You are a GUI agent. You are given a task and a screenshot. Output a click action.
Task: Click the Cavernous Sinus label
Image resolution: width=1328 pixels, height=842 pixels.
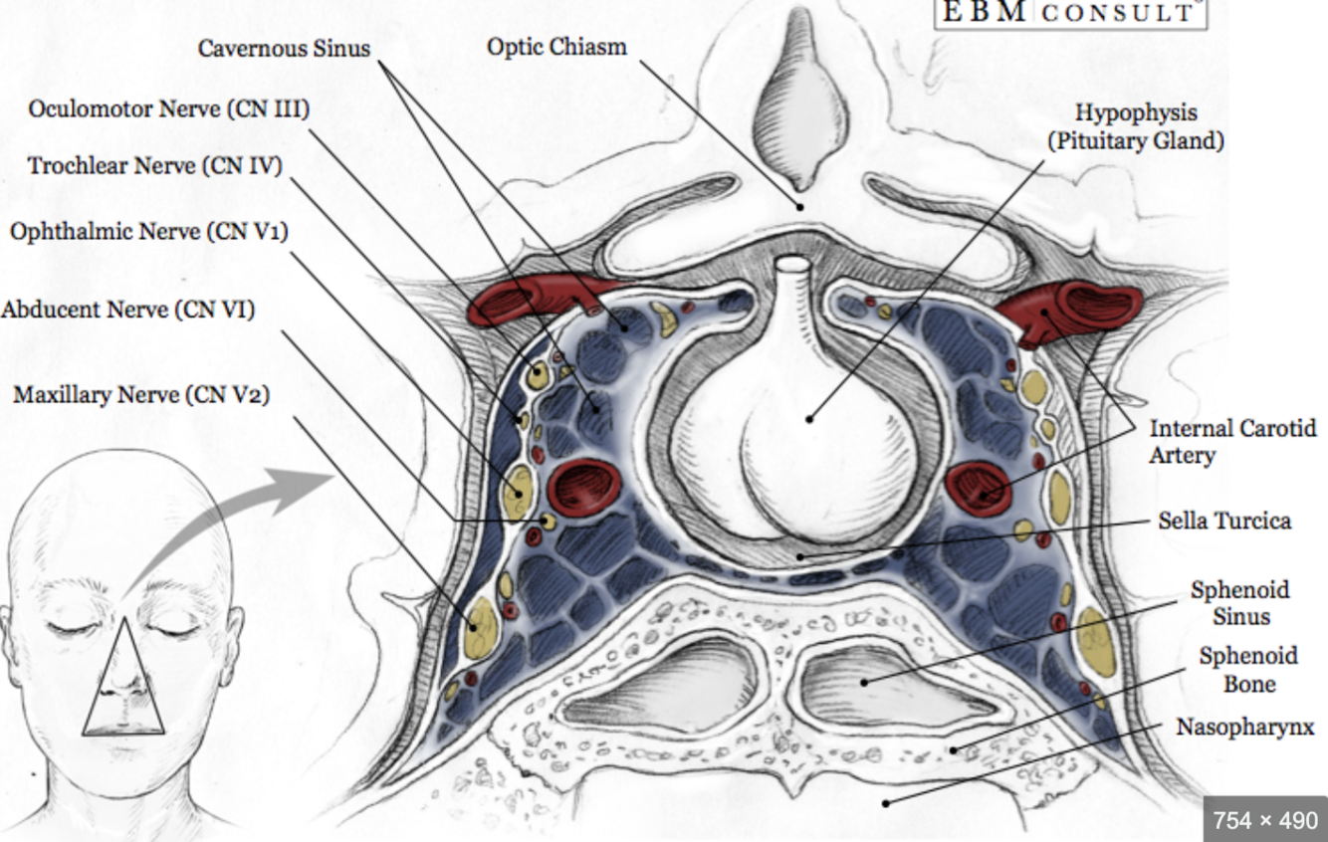tap(284, 48)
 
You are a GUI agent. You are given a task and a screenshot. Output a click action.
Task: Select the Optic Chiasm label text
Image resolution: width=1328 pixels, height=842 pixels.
tap(556, 46)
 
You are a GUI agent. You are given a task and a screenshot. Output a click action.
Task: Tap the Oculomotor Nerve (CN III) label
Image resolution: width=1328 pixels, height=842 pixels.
tap(168, 108)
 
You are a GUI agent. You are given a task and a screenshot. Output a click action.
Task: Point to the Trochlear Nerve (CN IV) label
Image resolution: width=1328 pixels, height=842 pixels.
tap(154, 165)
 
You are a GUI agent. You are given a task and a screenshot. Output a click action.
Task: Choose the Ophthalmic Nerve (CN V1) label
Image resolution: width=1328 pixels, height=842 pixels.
tap(148, 232)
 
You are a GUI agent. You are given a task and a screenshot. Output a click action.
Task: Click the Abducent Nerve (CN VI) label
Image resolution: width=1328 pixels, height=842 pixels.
tap(127, 310)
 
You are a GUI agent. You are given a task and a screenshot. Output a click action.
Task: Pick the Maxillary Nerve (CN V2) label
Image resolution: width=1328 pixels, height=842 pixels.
tap(140, 395)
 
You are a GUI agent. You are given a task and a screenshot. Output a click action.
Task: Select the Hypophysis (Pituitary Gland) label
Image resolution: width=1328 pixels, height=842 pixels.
tap(1136, 126)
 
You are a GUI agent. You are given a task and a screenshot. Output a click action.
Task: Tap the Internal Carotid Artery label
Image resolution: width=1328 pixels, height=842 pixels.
tap(1232, 442)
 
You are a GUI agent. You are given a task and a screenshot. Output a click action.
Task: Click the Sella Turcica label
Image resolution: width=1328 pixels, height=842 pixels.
tap(1224, 521)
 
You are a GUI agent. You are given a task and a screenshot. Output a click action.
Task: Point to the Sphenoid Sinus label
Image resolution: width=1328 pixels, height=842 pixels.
tap(1240, 603)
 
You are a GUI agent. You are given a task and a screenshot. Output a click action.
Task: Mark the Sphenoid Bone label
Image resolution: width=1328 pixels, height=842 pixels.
tap(1248, 670)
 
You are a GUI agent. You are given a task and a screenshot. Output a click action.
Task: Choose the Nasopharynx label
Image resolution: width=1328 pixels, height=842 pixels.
tap(1244, 727)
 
